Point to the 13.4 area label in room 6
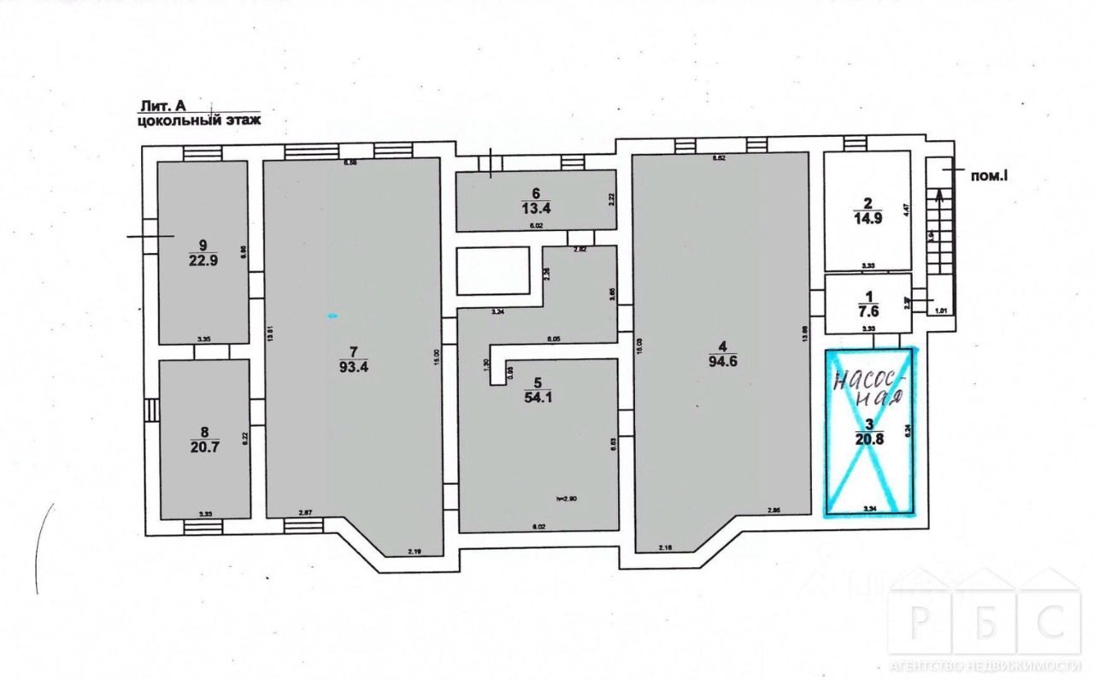(x=536, y=206)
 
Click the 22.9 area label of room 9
(x=204, y=262)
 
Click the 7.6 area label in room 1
(x=868, y=311)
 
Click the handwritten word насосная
(x=869, y=387)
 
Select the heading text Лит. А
(x=162, y=106)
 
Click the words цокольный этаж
(x=198, y=121)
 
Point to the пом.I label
(x=991, y=176)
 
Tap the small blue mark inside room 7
(x=332, y=316)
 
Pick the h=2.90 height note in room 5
(x=566, y=498)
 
